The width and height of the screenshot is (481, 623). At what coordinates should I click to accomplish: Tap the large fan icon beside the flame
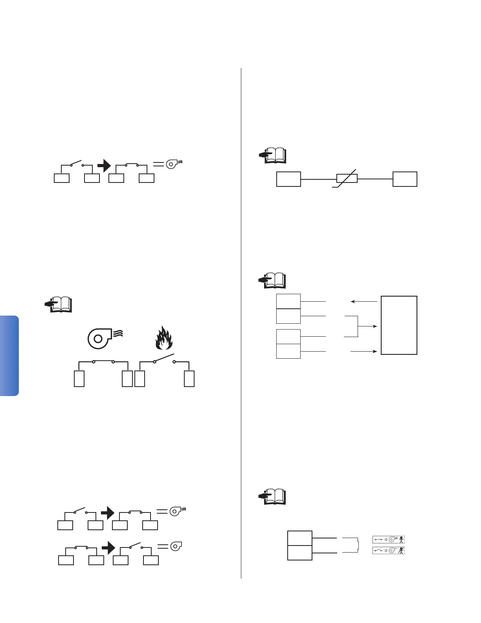pos(99,338)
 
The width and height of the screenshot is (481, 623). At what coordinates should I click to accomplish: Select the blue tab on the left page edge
pos(9,356)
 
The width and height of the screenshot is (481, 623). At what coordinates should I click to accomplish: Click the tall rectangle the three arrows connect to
pos(399,325)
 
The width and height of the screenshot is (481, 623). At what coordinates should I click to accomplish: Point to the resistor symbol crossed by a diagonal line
pos(347,179)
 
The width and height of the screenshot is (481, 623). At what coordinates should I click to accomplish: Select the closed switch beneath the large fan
pos(103,361)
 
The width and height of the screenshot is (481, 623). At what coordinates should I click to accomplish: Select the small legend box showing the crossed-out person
pos(389,550)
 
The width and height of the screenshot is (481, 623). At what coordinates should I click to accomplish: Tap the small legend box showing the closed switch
pos(389,540)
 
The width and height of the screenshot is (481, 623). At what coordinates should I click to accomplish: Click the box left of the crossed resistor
pos(288,179)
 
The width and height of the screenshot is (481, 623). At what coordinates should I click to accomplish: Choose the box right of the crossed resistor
pos(405,179)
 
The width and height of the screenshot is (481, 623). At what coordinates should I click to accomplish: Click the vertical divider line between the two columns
pos(241,323)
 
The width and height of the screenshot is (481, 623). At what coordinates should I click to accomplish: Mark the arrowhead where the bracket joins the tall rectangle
pos(376,326)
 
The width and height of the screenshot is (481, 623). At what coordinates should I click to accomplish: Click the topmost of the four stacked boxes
pos(288,301)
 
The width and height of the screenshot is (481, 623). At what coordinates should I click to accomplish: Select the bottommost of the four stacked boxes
pos(288,351)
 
